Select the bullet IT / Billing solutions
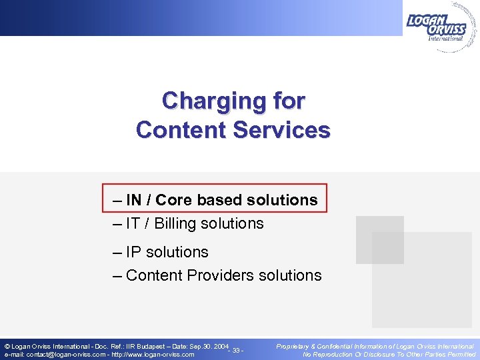[x=189, y=223]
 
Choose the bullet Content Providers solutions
[x=217, y=275]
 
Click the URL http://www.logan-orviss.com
[x=153, y=355]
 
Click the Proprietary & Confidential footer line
[x=375, y=347]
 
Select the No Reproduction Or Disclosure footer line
[x=389, y=355]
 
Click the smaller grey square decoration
[x=379, y=240]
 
